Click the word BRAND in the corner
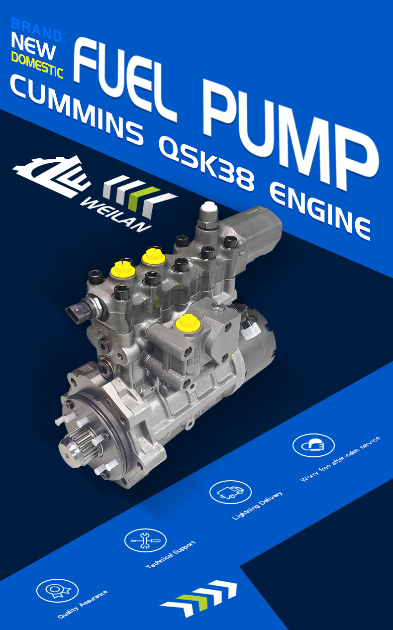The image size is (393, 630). pyautogui.click(x=36, y=29)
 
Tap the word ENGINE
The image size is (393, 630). pyautogui.click(x=321, y=211)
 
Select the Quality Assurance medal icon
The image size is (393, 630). pyautogui.click(x=57, y=590)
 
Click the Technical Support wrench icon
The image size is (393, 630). pyautogui.click(x=145, y=540)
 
